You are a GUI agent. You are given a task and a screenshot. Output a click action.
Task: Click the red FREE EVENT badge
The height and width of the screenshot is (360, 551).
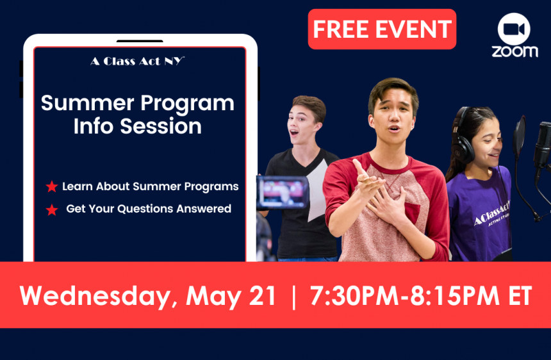382,29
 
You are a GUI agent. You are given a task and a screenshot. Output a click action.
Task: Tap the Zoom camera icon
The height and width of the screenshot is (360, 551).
514,29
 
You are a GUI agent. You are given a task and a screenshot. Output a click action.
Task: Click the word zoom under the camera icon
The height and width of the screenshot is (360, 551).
515,52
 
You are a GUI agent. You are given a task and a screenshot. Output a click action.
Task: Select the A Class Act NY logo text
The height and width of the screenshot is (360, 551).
137,61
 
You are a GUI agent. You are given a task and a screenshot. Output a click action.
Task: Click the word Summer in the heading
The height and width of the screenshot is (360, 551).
88,103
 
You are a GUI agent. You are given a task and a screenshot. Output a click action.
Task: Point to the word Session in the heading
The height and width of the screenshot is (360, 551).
161,126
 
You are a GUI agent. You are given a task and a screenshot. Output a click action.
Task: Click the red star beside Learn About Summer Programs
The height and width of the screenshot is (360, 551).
52,186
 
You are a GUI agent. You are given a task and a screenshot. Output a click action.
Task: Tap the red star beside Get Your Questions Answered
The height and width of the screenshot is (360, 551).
52,209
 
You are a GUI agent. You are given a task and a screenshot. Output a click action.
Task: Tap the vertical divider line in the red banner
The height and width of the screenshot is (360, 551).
294,297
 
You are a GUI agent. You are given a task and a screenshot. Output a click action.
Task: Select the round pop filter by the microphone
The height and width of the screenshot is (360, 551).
519,136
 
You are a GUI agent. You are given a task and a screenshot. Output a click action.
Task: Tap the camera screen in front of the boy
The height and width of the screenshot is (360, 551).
283,192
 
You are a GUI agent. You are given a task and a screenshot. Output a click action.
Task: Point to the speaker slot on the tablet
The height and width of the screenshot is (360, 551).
140,41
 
